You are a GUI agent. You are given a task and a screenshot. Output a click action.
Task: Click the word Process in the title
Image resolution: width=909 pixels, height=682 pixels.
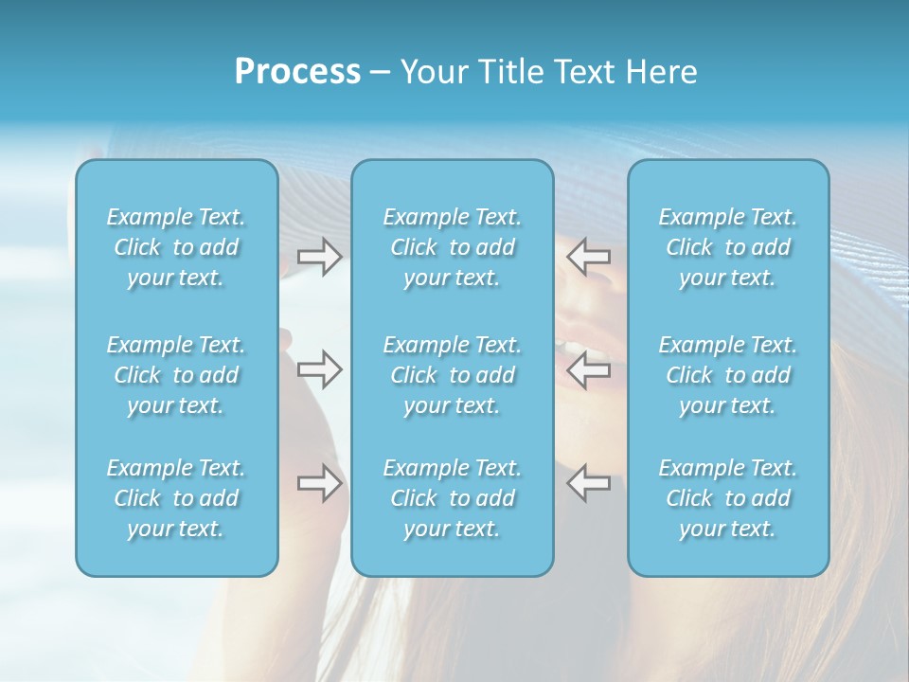click(x=297, y=72)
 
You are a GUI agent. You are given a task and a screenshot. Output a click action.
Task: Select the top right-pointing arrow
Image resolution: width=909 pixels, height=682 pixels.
click(x=320, y=256)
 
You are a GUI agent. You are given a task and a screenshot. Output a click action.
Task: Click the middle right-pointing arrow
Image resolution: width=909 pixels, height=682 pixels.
click(x=320, y=369)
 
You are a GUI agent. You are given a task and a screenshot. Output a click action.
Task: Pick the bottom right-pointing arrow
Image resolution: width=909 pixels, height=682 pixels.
click(x=320, y=483)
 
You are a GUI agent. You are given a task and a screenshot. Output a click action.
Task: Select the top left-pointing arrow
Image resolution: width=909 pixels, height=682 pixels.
click(x=588, y=256)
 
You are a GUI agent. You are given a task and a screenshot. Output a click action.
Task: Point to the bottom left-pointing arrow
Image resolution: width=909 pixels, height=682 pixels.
click(x=588, y=483)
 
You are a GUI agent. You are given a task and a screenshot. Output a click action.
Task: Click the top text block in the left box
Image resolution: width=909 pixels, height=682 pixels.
click(x=176, y=247)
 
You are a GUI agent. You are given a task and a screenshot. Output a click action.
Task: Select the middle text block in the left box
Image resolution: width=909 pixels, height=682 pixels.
click(x=176, y=375)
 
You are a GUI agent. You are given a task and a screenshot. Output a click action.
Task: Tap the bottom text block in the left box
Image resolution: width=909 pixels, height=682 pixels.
click(x=176, y=498)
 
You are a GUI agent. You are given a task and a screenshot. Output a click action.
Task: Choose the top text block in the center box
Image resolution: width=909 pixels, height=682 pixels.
click(x=452, y=247)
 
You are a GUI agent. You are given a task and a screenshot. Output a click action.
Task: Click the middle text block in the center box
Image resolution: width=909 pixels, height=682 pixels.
click(x=452, y=375)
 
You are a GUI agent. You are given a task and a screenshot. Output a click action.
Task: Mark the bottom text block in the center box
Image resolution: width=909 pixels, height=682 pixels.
click(x=452, y=498)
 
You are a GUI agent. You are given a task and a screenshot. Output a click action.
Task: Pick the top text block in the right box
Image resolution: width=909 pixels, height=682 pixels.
click(x=728, y=247)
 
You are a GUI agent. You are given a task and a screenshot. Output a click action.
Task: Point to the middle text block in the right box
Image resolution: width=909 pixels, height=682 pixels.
click(x=728, y=375)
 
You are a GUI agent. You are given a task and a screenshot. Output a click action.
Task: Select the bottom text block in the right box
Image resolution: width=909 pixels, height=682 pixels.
click(x=728, y=498)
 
